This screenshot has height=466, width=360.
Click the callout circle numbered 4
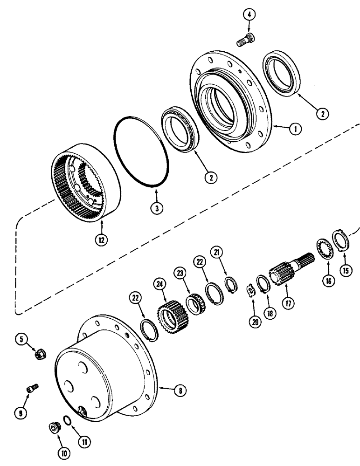pyautogui.click(x=249, y=15)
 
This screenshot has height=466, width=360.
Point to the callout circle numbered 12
pyautogui.click(x=101, y=240)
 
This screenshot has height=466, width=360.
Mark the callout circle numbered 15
pyautogui.click(x=346, y=270)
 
